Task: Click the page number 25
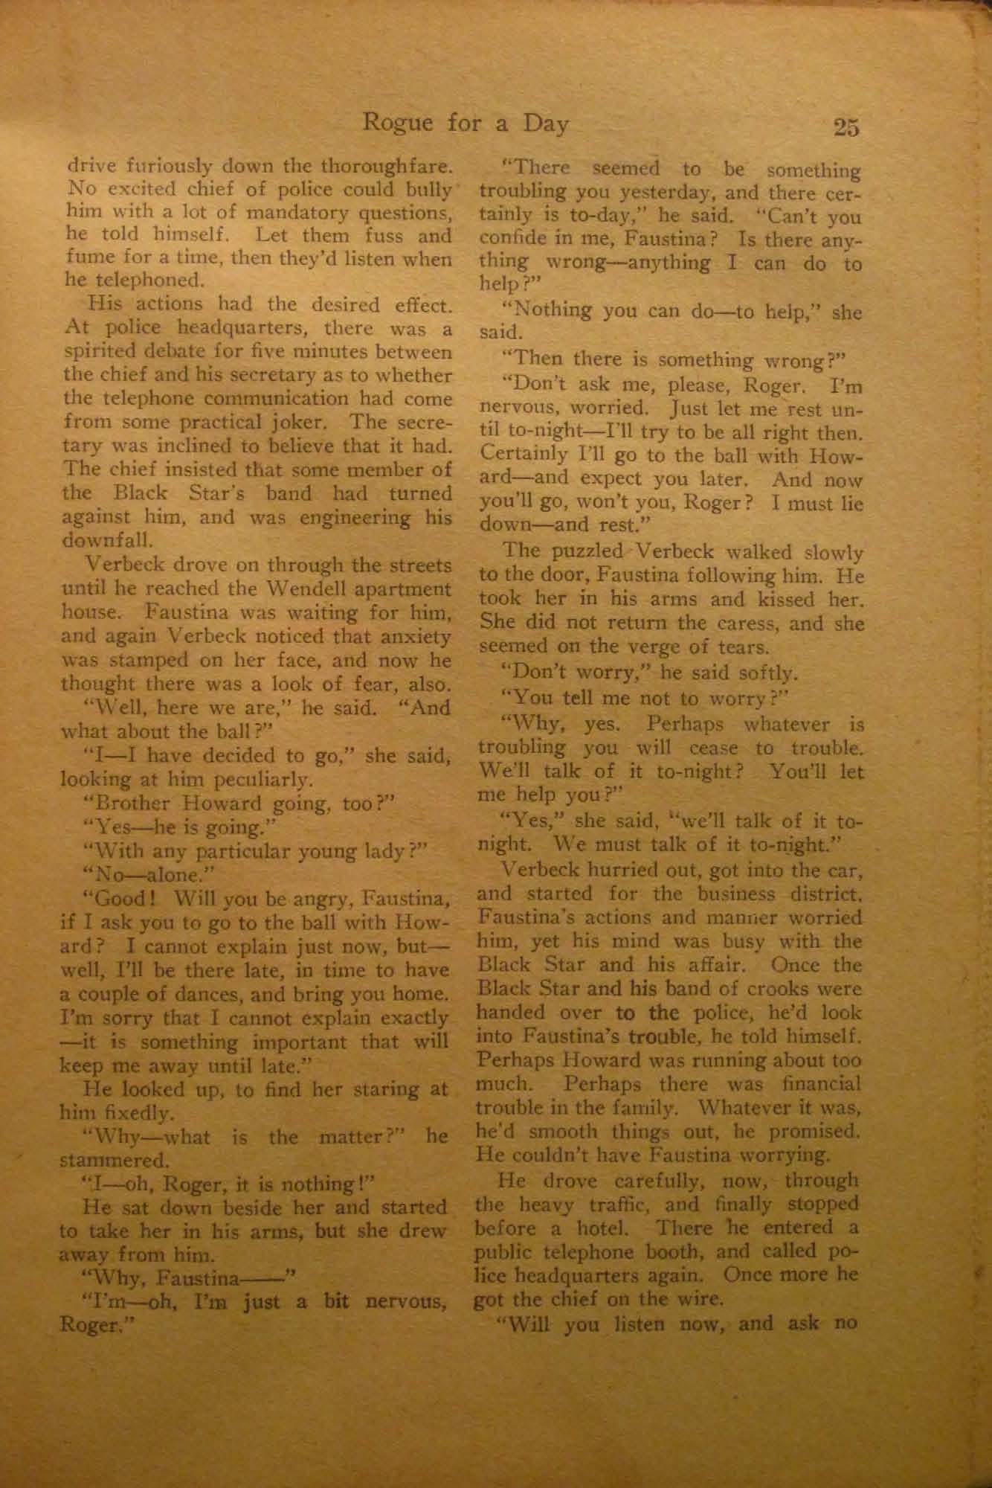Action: [x=846, y=127]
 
